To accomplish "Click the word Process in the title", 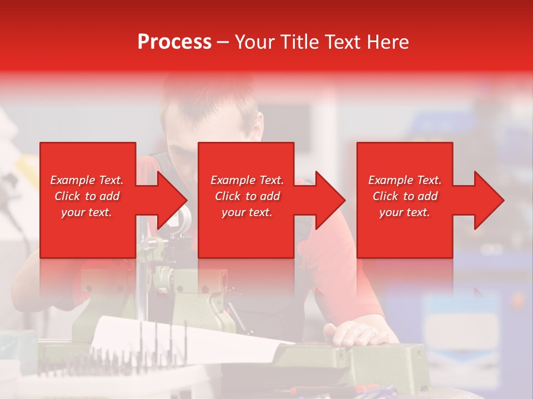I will point(174,42).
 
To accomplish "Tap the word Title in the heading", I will point(300,42).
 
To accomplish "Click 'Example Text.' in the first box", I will point(87,180).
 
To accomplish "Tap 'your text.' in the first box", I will point(87,212).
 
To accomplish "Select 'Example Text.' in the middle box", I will point(247,180).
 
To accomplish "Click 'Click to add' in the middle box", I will point(247,196).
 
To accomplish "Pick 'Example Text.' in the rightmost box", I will point(405,180).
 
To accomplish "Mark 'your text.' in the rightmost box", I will point(405,212).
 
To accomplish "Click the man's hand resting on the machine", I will point(355,334).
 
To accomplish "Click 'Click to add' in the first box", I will point(87,196).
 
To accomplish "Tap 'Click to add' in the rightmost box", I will point(405,196).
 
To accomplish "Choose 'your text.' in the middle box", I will point(247,212).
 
